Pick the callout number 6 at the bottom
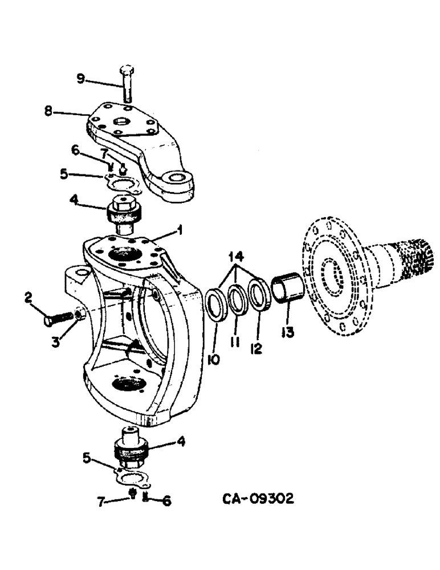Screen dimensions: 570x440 166,501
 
